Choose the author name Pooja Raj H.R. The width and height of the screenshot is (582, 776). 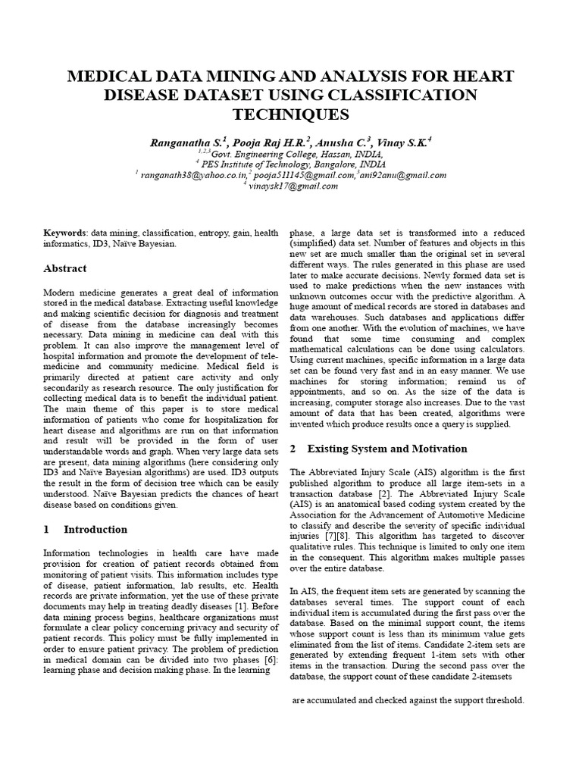point(265,142)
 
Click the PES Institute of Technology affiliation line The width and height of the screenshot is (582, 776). point(292,164)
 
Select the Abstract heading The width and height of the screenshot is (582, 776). point(64,269)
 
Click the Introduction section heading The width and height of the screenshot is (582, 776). point(95,530)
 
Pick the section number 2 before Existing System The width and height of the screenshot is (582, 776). point(295,449)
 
